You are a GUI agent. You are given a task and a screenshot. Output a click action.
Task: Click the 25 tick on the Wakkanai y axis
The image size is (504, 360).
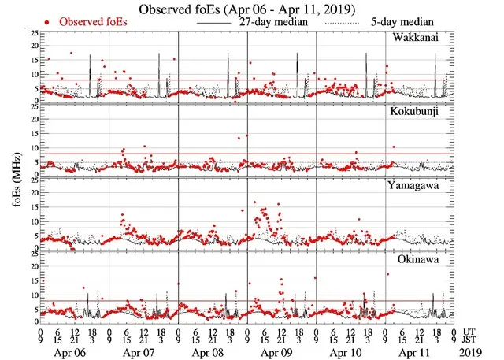click(32, 34)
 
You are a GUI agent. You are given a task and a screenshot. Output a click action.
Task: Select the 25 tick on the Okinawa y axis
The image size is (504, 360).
click(32, 255)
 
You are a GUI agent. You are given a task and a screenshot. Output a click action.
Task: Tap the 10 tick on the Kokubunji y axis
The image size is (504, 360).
click(32, 147)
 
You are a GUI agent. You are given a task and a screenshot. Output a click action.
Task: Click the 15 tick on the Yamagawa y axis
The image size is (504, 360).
click(32, 206)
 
